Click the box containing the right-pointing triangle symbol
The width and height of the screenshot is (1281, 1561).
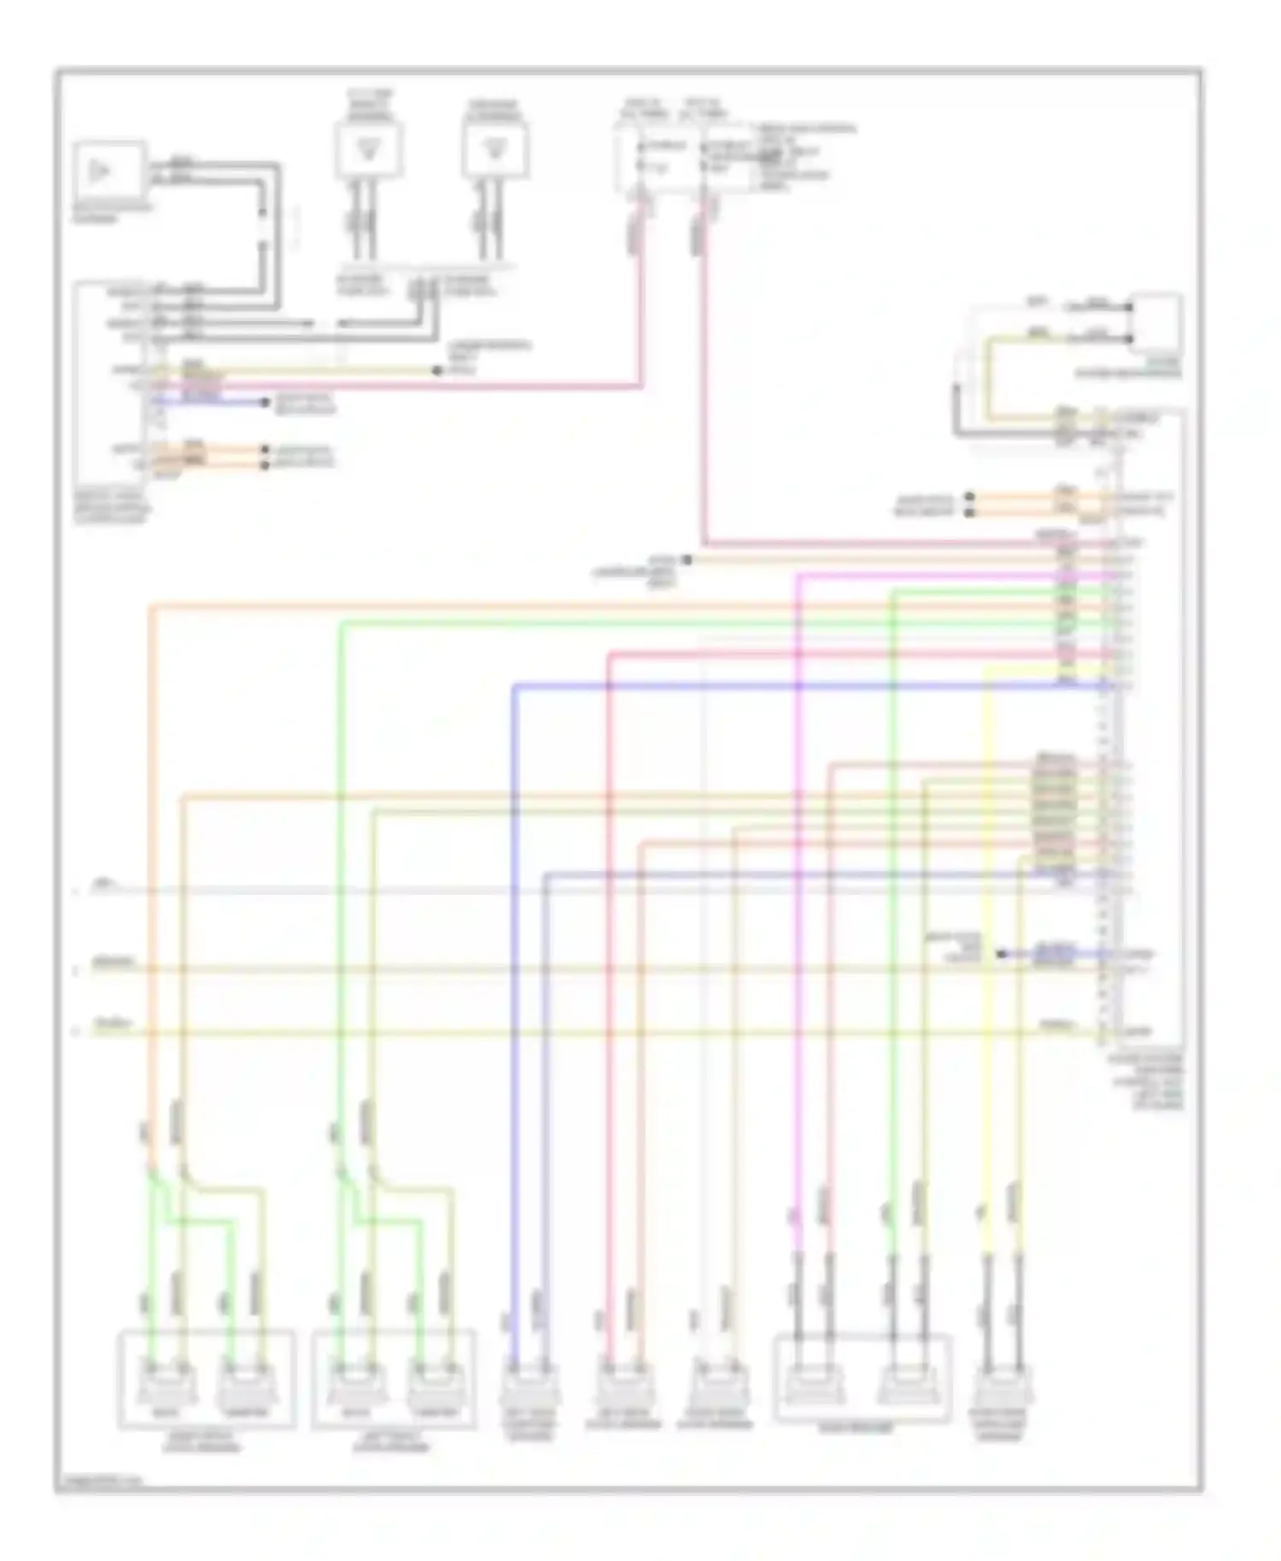pyautogui.click(x=108, y=171)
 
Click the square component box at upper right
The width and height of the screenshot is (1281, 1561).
pyautogui.click(x=1156, y=324)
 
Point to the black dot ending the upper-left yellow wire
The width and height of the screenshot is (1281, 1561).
pyautogui.click(x=436, y=371)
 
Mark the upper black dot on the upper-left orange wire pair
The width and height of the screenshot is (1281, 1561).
pyautogui.click(x=265, y=449)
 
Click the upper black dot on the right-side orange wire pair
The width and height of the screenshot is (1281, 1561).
pyautogui.click(x=969, y=496)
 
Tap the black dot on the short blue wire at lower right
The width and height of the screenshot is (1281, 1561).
pyautogui.click(x=1001, y=953)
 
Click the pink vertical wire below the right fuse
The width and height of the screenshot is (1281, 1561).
pyautogui.click(x=704, y=384)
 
